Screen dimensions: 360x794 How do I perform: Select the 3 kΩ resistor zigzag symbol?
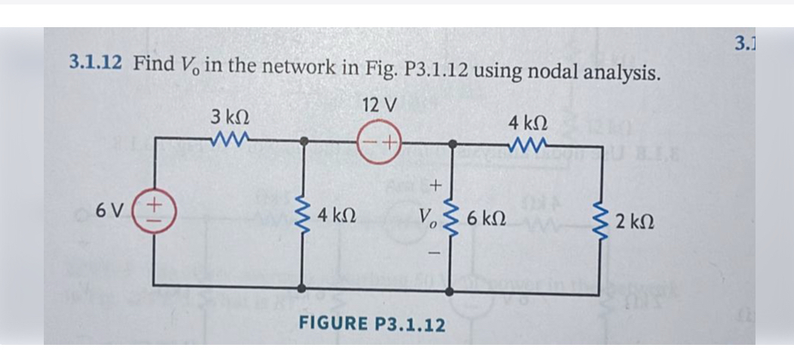click(227, 139)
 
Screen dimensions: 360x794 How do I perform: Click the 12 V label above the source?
click(379, 106)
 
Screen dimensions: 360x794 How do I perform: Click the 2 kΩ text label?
click(635, 223)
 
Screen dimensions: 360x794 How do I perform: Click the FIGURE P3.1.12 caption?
click(372, 325)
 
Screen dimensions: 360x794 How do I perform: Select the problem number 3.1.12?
click(95, 63)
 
